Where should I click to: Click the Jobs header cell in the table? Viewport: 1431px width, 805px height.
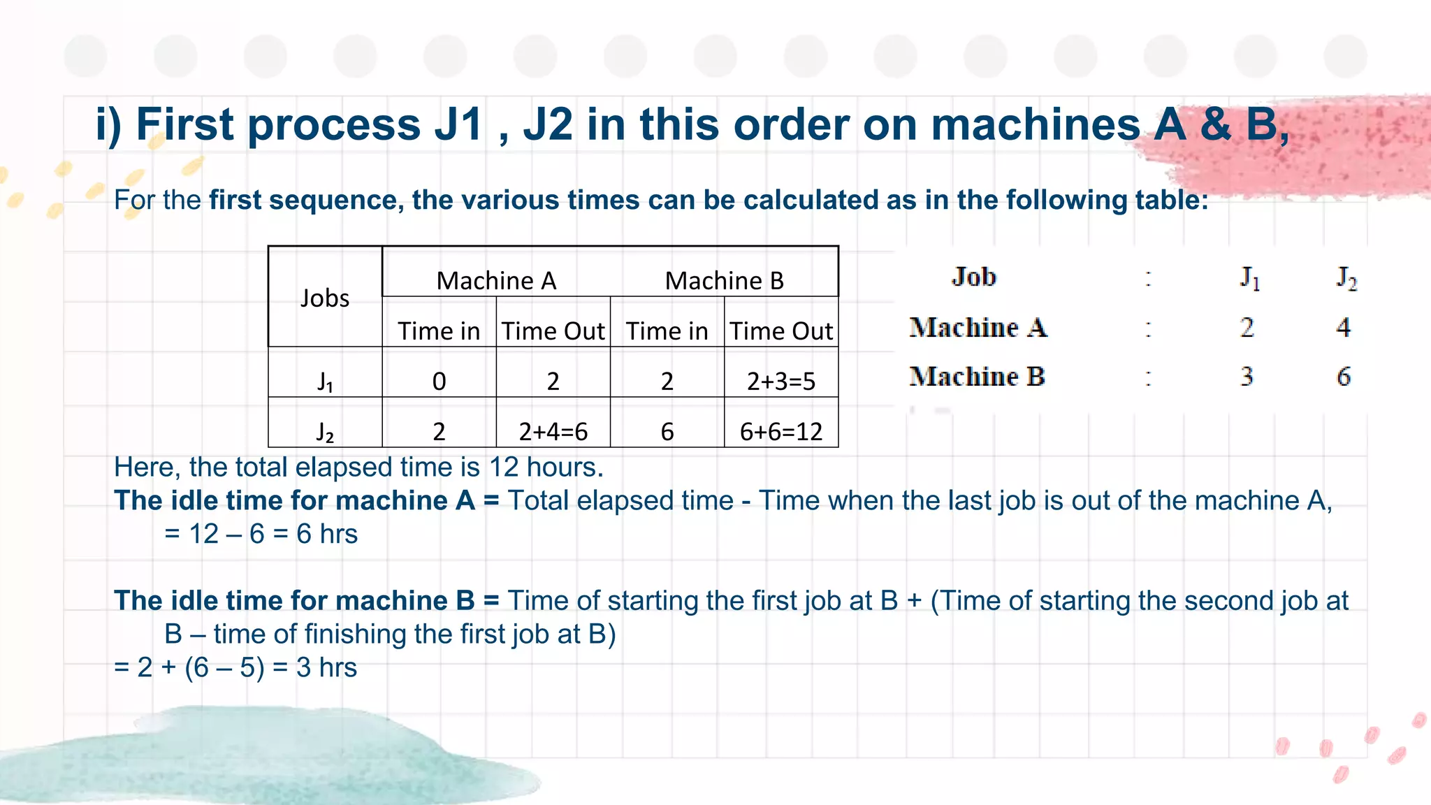325,298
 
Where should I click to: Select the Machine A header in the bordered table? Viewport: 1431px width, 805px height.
496,281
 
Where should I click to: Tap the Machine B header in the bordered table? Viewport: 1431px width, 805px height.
725,281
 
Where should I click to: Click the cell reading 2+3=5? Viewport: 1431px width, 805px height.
781,382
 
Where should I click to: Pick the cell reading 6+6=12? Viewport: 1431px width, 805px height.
781,432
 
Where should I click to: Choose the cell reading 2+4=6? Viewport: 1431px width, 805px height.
553,432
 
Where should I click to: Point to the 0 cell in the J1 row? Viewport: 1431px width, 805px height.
439,382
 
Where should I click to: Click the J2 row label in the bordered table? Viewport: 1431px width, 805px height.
325,432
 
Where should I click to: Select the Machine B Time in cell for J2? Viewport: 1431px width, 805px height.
667,432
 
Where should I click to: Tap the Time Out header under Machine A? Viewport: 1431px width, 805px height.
553,331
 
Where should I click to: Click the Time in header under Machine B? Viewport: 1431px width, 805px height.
667,331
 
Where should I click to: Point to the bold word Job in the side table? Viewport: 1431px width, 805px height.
973,277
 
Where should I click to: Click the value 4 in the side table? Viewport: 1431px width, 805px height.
1343,327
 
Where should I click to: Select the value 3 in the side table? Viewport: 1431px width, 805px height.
1247,377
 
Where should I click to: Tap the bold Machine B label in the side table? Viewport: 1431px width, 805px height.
977,377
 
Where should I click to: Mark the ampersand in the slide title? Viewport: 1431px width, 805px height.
1216,125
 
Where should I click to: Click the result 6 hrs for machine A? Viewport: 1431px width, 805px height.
327,535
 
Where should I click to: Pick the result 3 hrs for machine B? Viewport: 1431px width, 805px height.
326,668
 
